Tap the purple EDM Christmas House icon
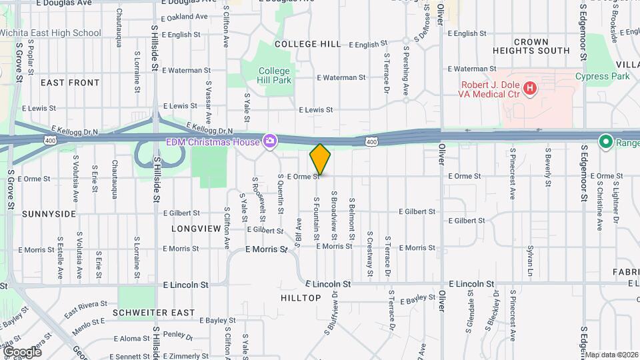coord(270,141)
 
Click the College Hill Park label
coord(275,75)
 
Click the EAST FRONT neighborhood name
coord(70,83)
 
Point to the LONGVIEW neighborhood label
coord(196,228)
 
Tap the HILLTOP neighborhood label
coord(301,298)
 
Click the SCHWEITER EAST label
coord(153,312)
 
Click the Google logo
coord(21,351)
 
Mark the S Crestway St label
coord(369,254)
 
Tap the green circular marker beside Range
coord(605,141)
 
